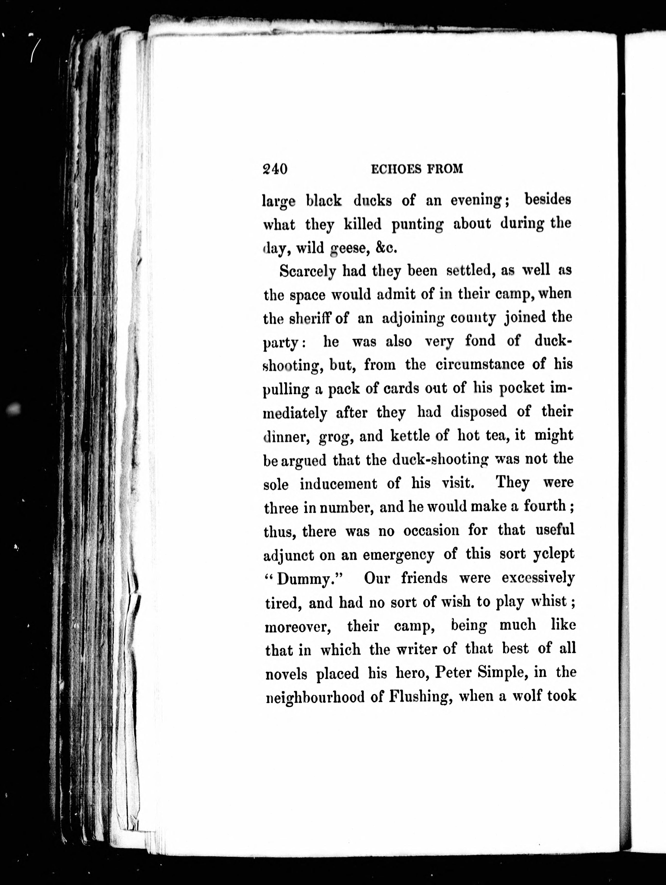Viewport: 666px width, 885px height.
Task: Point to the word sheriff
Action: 312,318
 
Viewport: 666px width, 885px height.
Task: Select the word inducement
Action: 338,484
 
